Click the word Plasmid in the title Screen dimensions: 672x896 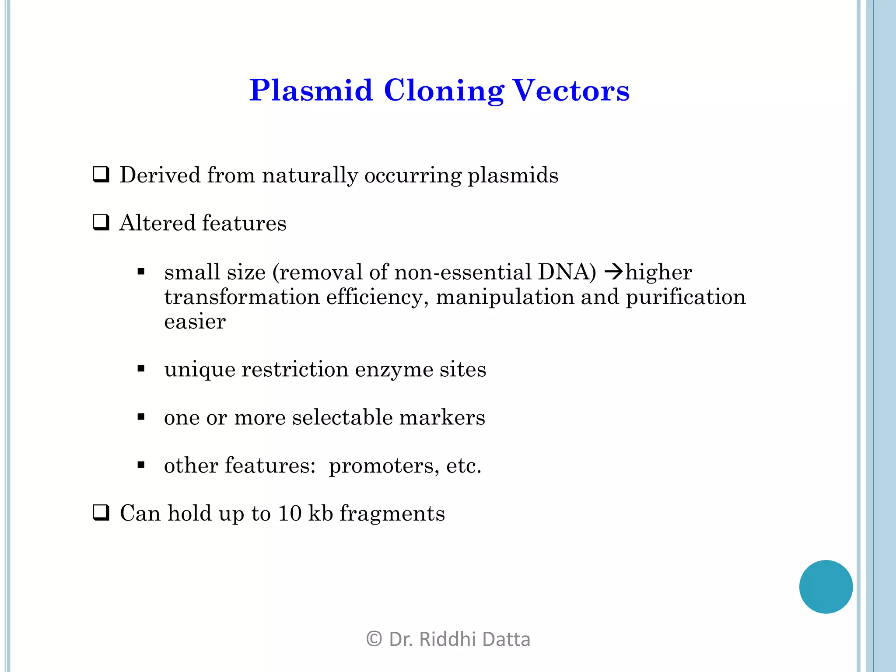311,91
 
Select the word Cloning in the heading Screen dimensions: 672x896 444,91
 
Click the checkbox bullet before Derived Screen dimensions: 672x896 101,175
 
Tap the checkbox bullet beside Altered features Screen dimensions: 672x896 101,223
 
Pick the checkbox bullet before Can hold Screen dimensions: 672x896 101,513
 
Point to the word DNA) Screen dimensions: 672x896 567,272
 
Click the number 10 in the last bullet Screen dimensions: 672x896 289,513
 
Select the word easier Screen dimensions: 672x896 195,322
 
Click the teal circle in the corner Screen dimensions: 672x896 826,587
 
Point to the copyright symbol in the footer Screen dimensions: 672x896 374,639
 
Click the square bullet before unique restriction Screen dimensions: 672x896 141,369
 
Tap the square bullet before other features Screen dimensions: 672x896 141,465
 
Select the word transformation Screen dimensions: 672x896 242,297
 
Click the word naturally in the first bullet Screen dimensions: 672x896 310,175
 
